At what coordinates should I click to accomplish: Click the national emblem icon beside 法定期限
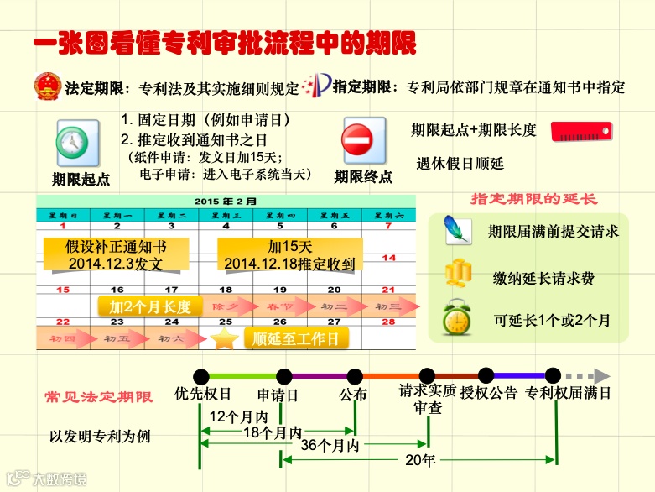pyautogui.click(x=47, y=86)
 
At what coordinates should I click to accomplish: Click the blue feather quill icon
pyautogui.click(x=458, y=228)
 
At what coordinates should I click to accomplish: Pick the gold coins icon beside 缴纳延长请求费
pyautogui.click(x=458, y=274)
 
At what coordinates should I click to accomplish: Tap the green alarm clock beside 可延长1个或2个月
pyautogui.click(x=457, y=318)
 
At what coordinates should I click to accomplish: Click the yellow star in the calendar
pyautogui.click(x=224, y=339)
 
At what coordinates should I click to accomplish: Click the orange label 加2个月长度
pyautogui.click(x=150, y=306)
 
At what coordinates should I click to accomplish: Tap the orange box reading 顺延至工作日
pyautogui.click(x=296, y=339)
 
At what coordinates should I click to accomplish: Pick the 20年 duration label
pyautogui.click(x=420, y=460)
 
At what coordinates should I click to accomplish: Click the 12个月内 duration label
pyautogui.click(x=238, y=416)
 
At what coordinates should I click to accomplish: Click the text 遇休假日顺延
pyautogui.click(x=460, y=163)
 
